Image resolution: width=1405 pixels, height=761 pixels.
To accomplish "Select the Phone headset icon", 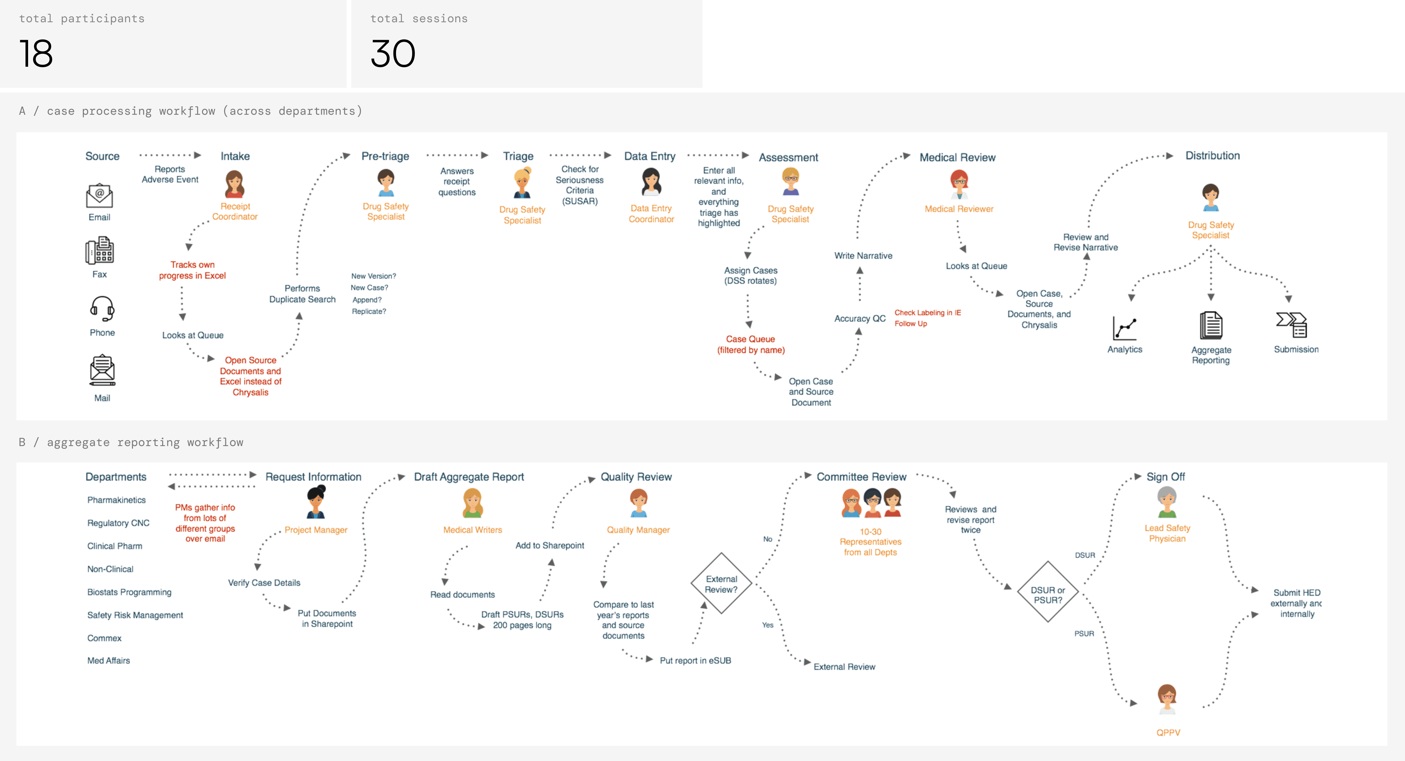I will point(102,309).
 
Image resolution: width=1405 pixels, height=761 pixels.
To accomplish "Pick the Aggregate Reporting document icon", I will point(1211,326).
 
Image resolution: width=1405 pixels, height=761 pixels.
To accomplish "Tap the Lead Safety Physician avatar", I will point(1167,502).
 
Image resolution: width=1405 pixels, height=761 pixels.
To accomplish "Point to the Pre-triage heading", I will point(385,156).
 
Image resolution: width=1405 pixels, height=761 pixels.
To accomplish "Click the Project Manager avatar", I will point(316,502).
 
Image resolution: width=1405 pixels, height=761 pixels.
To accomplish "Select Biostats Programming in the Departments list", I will point(129,592).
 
